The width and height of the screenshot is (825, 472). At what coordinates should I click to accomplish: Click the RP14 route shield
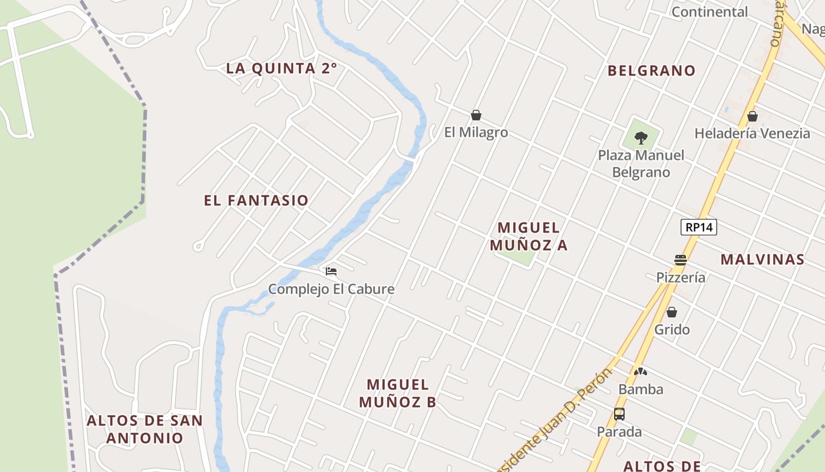point(698,227)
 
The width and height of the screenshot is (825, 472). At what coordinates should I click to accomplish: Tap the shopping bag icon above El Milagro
point(476,115)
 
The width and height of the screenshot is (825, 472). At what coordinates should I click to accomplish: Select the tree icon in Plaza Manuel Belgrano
point(641,139)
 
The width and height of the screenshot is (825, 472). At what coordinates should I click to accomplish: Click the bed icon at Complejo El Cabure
point(331,271)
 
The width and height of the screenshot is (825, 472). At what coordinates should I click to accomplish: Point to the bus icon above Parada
point(619,414)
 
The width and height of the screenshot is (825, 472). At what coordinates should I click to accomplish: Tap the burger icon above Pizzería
point(681,260)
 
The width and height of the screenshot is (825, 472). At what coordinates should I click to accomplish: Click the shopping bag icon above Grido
point(672,312)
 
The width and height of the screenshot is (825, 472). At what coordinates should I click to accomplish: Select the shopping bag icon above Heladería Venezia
point(752,116)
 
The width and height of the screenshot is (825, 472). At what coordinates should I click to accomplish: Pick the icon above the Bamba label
point(641,372)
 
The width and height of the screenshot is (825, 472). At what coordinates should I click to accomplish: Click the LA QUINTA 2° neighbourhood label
point(282,68)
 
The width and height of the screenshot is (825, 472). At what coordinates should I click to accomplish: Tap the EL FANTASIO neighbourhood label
point(256,201)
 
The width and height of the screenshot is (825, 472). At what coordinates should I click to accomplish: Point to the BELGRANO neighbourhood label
point(652,71)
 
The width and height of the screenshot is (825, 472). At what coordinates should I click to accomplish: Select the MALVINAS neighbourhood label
point(763,260)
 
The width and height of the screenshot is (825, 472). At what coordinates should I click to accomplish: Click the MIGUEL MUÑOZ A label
point(532,236)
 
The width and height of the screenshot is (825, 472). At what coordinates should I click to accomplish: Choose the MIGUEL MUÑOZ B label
point(398,394)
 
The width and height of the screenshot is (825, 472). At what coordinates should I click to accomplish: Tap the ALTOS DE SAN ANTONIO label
point(145,430)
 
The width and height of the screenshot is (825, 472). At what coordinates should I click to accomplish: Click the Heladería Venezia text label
point(752,133)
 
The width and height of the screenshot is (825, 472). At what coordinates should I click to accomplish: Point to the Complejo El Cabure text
point(331,289)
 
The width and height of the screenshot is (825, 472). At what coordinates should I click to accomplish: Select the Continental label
point(709,12)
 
